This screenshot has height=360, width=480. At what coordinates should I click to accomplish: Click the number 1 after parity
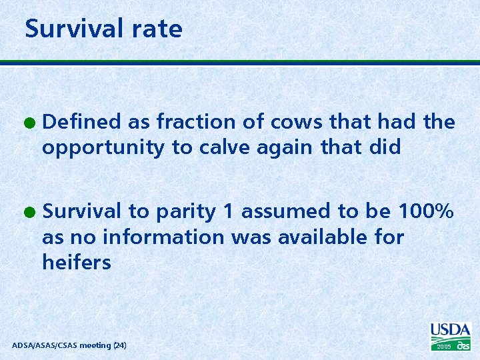[x=228, y=211]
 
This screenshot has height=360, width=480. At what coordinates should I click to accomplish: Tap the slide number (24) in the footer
[x=120, y=345]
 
